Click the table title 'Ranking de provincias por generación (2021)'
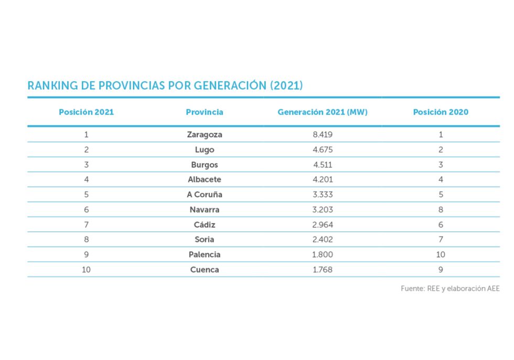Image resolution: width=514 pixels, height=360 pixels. click(x=165, y=86)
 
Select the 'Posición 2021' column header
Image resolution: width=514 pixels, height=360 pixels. click(x=86, y=112)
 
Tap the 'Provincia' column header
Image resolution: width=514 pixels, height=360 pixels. click(x=205, y=112)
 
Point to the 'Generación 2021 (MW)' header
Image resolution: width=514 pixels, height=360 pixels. click(x=323, y=112)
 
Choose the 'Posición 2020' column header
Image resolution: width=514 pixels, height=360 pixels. click(x=441, y=112)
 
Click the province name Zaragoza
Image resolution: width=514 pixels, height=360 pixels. click(x=205, y=134)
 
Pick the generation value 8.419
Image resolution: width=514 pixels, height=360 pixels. click(x=323, y=134)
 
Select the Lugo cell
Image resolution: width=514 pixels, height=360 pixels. click(x=205, y=150)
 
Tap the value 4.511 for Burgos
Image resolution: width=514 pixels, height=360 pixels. click(x=323, y=164)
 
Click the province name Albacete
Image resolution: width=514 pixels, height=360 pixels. click(x=205, y=179)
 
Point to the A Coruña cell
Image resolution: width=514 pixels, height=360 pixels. click(x=205, y=194)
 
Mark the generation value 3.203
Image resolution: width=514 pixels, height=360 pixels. click(x=323, y=209)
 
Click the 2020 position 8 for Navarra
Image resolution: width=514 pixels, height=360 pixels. click(x=441, y=209)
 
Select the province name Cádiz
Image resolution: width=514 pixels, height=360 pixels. click(x=205, y=225)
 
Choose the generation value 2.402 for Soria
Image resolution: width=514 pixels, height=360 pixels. click(x=323, y=239)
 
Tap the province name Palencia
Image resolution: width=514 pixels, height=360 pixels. click(x=205, y=255)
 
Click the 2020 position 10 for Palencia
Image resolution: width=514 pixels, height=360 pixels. click(x=441, y=255)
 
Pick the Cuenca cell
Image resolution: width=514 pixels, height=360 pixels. click(x=205, y=270)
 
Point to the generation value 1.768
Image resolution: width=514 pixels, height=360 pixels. click(x=323, y=270)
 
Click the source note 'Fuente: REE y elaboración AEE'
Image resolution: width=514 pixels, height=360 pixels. click(x=450, y=288)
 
